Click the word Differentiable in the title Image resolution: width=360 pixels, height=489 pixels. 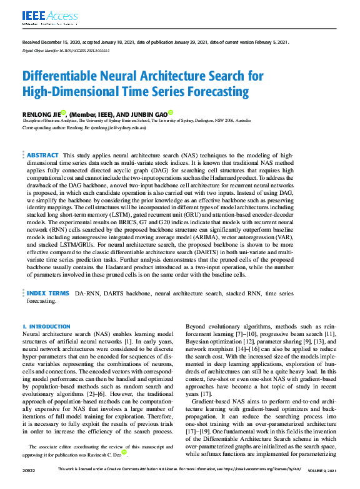62,77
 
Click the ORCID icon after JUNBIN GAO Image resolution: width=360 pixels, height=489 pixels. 171,112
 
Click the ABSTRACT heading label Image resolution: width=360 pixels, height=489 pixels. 42,155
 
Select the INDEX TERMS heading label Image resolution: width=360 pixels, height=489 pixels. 47,292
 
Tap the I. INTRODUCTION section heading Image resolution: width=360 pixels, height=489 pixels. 46,327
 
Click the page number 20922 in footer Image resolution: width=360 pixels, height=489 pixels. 30,485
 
